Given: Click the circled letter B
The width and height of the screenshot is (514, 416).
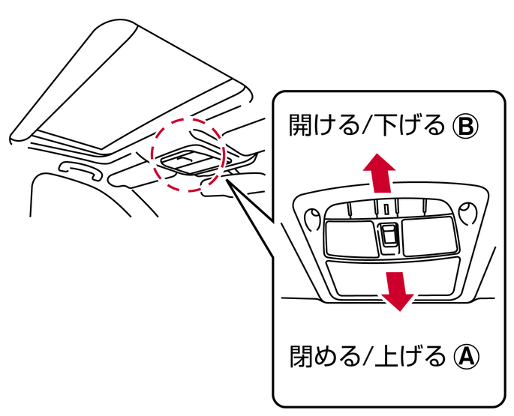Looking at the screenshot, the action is [x=466, y=126].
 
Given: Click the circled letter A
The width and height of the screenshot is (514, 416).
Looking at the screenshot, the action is [x=467, y=356].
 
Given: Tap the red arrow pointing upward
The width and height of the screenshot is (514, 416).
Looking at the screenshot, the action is [x=379, y=172].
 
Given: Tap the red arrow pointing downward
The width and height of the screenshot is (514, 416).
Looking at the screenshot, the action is [x=397, y=291].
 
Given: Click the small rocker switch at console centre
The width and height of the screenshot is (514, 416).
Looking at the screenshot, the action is [x=389, y=234].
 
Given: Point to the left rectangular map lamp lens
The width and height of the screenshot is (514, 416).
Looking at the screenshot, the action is [x=350, y=238].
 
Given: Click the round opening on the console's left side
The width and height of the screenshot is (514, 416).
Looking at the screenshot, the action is [x=313, y=219].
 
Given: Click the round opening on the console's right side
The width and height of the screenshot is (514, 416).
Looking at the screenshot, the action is [x=467, y=214].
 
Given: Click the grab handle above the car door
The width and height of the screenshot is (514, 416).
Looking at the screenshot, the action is [x=80, y=169].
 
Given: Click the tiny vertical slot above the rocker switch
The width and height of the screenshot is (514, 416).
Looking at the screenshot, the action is [x=386, y=209].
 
